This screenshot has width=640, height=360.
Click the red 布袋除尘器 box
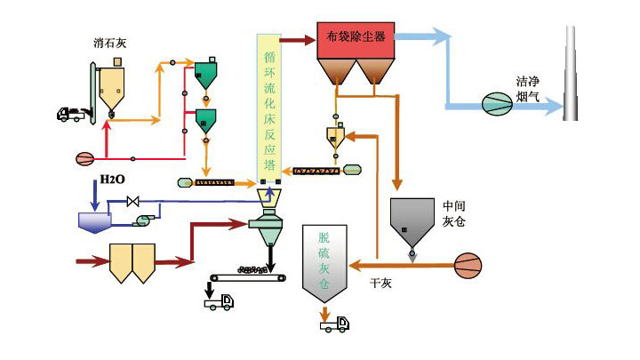356,38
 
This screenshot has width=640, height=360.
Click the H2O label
113,179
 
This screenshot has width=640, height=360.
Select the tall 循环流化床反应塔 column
268,107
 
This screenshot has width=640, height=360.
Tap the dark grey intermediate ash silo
410,221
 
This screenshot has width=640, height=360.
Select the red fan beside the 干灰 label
472,263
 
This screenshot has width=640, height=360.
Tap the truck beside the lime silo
71,114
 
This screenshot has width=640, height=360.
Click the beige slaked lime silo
113,87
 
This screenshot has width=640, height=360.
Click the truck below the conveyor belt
219,302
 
